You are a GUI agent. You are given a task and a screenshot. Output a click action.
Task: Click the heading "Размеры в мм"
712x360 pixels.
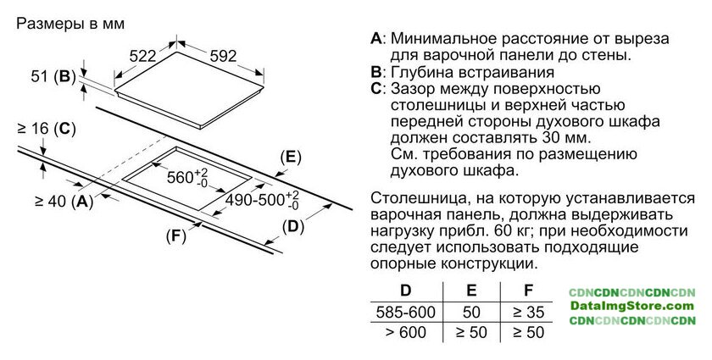click(x=70, y=24)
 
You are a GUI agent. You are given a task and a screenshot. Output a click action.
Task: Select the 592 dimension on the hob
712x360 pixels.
click(x=221, y=56)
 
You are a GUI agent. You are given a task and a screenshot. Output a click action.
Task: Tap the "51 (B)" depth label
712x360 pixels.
click(x=52, y=76)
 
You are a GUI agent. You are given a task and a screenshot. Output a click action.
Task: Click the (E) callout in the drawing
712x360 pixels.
click(x=291, y=157)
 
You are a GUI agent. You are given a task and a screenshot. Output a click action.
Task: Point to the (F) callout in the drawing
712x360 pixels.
click(x=175, y=236)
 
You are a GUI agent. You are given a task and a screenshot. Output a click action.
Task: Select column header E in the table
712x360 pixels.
click(x=471, y=290)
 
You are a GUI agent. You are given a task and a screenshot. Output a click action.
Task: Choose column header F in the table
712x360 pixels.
click(x=528, y=290)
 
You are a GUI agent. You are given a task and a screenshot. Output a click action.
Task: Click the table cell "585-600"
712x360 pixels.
click(x=405, y=312)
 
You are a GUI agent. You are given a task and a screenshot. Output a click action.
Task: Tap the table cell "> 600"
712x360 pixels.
click(x=405, y=333)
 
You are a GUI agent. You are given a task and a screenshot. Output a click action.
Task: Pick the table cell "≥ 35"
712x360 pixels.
click(x=528, y=312)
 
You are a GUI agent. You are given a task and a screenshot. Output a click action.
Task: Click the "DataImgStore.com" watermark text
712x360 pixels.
click(x=632, y=306)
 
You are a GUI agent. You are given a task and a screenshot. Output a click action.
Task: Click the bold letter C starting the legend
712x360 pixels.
click(x=376, y=88)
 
